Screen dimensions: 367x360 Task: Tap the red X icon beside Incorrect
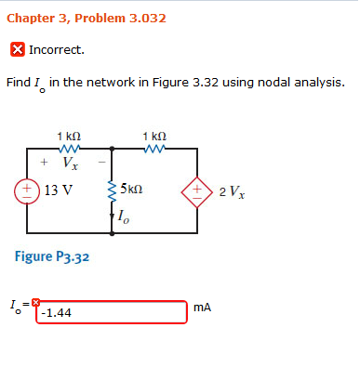tap(17, 49)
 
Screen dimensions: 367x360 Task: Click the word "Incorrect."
tap(57, 49)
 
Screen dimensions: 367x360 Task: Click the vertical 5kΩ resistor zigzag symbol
tap(113, 190)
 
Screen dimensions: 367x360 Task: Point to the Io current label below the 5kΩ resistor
tap(124, 217)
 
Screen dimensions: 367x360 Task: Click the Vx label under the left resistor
tap(71, 164)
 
